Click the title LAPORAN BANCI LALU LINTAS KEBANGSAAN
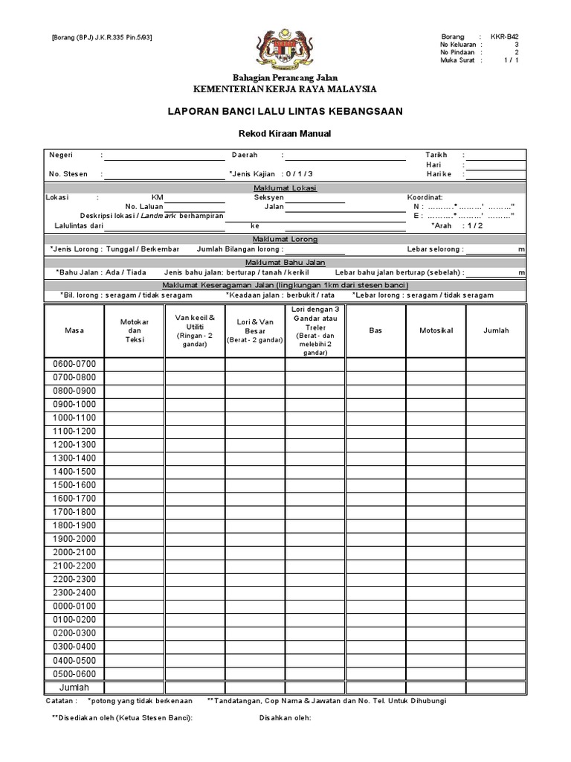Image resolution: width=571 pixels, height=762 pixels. coord(285,111)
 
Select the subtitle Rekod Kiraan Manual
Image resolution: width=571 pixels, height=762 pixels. coord(285,134)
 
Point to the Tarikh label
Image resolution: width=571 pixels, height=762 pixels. coord(437,155)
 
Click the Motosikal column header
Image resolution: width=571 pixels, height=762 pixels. coord(436,330)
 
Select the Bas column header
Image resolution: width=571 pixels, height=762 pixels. coord(375,330)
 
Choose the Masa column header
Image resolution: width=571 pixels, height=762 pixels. coord(74,330)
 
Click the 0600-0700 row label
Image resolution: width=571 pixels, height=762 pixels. coord(74,364)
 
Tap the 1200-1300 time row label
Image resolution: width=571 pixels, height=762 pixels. coord(74,444)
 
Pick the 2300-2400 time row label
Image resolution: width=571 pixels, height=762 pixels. coord(74,592)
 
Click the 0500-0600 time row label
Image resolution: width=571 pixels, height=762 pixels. coord(74,673)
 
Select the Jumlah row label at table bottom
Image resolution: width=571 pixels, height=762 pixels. coord(74,687)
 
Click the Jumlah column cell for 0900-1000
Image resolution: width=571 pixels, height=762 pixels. coord(497,404)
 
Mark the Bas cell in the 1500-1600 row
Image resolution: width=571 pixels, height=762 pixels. coord(375,485)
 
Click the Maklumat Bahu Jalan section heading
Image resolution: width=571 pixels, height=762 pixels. coord(285,263)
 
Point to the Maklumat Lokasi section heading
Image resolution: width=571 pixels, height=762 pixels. coord(285,188)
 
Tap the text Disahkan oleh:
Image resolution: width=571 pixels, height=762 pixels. coord(285,717)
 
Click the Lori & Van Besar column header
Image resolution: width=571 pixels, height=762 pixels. coord(255,330)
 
